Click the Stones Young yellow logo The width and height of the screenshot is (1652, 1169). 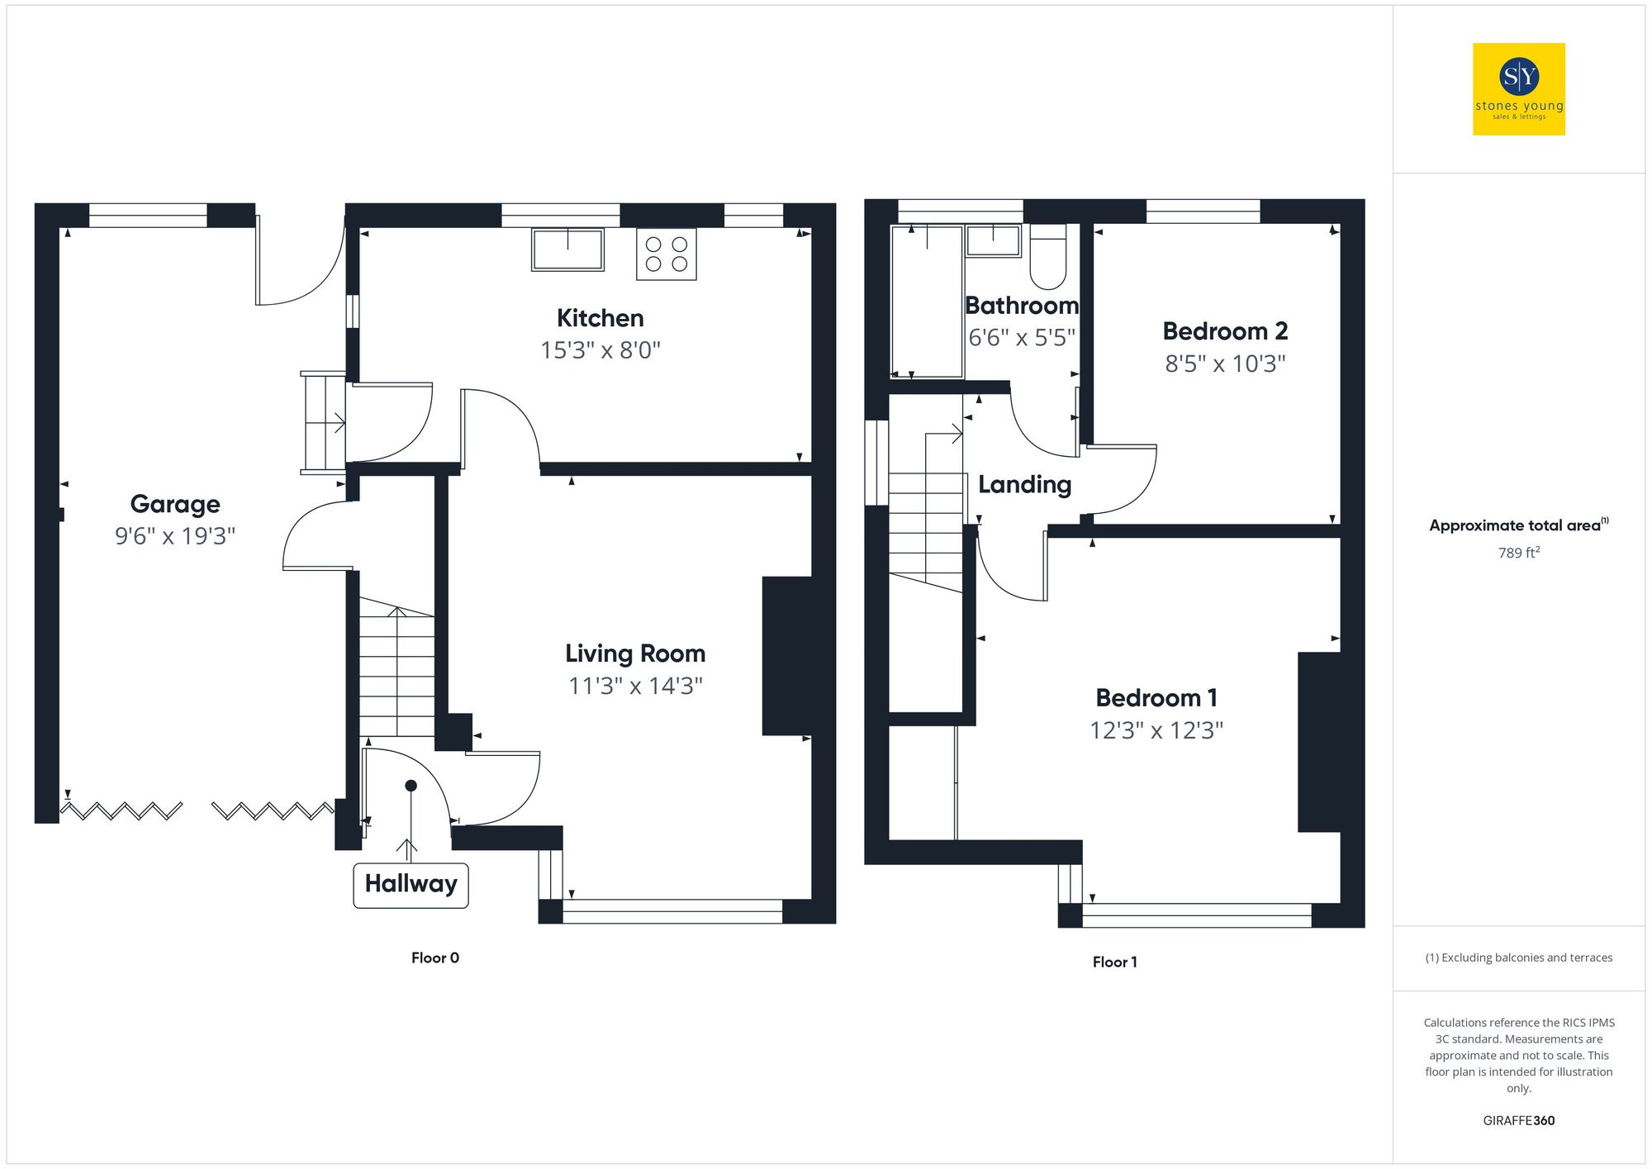coord(1518,89)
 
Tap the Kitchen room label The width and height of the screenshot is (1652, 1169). coord(600,318)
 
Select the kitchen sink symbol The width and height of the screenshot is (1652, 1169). coord(567,249)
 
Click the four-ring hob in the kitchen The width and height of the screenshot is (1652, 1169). coord(666,254)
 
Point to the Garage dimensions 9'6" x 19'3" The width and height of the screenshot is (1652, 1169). coord(175,536)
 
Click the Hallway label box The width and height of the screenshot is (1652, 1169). coord(411,885)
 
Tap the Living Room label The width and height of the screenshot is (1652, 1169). coord(634,653)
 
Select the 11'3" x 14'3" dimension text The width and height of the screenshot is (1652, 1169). coord(634,686)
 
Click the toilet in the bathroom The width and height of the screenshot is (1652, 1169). coord(1047,257)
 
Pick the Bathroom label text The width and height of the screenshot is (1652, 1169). coord(1022,306)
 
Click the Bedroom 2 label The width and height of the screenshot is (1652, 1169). coord(1225,331)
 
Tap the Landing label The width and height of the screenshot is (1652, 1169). coord(1024,485)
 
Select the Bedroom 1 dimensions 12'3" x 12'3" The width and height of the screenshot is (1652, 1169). coord(1156,730)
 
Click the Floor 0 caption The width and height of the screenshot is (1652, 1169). coord(434,958)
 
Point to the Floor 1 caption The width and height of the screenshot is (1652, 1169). coord(1114,962)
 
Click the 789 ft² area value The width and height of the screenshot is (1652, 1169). coord(1518,553)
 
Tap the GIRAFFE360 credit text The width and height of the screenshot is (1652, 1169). coord(1518,1120)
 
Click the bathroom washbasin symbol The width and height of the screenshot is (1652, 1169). coord(994,240)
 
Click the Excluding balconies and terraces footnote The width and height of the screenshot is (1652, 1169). coord(1518,958)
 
